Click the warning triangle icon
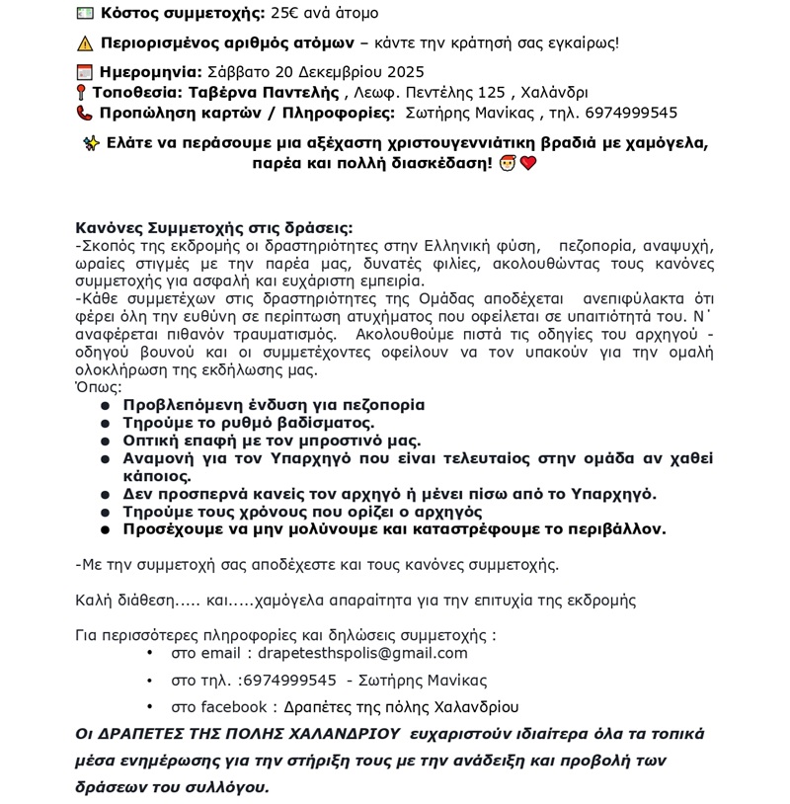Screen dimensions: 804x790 click(84, 42)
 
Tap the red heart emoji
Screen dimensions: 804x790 click(528, 163)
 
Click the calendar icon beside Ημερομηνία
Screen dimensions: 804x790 click(84, 71)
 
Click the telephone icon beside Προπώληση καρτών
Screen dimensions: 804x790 click(84, 113)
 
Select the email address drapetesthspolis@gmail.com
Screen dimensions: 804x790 click(361, 653)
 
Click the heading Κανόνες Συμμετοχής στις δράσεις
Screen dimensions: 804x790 click(213, 227)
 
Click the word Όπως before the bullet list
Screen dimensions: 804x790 click(98, 387)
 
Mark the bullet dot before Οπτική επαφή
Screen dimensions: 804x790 click(106, 441)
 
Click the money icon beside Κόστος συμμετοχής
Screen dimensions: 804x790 click(84, 14)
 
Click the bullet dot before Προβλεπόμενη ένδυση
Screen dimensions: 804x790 click(106, 405)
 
